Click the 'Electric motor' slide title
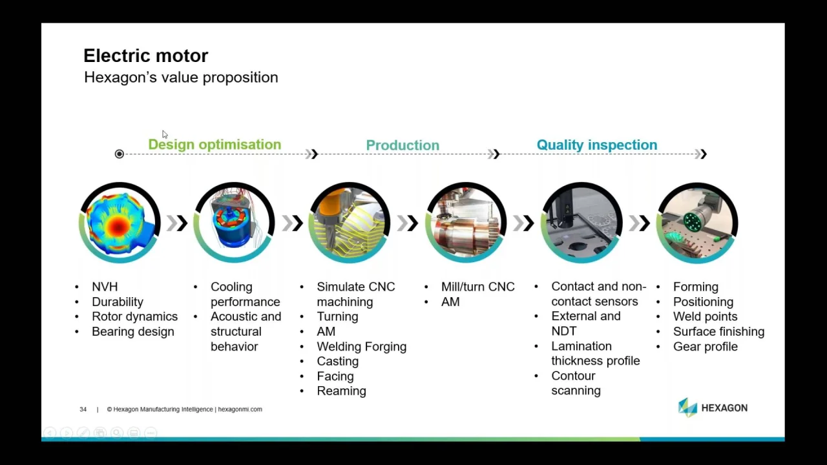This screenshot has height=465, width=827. pyautogui.click(x=146, y=56)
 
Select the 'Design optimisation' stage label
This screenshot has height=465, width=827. pyautogui.click(x=215, y=144)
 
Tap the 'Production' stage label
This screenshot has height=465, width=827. pyautogui.click(x=403, y=145)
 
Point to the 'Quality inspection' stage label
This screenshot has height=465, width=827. pyautogui.click(x=597, y=145)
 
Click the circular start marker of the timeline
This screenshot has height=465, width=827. pyautogui.click(x=120, y=154)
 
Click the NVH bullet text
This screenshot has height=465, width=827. pyautogui.click(x=105, y=287)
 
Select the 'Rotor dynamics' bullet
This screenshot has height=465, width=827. pyautogui.click(x=135, y=316)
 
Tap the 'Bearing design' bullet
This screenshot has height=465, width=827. pyautogui.click(x=133, y=331)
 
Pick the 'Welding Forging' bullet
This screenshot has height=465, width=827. pyautogui.click(x=361, y=347)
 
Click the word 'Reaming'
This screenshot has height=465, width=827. pyautogui.click(x=342, y=391)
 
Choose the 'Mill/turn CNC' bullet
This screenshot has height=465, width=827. pyautogui.click(x=477, y=287)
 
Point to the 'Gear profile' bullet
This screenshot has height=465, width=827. pyautogui.click(x=705, y=347)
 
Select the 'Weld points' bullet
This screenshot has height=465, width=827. pyautogui.click(x=705, y=316)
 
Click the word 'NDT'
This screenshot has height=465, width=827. pyautogui.click(x=564, y=331)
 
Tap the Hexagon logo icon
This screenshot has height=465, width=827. pyautogui.click(x=687, y=408)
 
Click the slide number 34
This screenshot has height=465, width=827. pyautogui.click(x=83, y=409)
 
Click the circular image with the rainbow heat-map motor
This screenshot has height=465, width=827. pyautogui.click(x=120, y=223)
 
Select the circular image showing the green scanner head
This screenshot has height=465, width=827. pyautogui.click(x=697, y=223)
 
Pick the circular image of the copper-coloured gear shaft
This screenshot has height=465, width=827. pyautogui.click(x=466, y=223)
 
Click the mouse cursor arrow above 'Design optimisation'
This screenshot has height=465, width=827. pyautogui.click(x=165, y=134)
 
